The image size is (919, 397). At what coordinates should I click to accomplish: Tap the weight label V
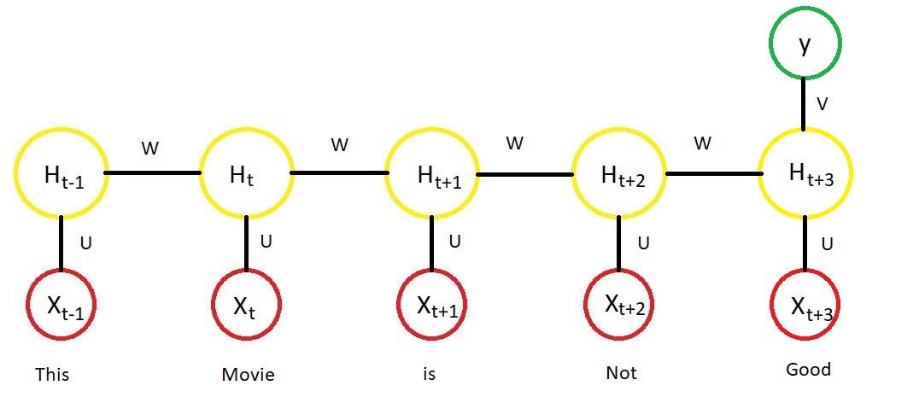pyautogui.click(x=822, y=103)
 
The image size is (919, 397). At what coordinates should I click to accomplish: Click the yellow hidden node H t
pyautogui.click(x=246, y=174)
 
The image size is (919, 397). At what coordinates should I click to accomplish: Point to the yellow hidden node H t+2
pyautogui.click(x=618, y=174)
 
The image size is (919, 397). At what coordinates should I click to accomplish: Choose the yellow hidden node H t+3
pyautogui.click(x=804, y=174)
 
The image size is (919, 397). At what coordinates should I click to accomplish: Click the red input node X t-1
pyautogui.click(x=61, y=305)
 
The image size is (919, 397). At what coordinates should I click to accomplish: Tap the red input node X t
pyautogui.click(x=246, y=305)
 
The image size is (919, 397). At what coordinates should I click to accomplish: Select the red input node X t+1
pyautogui.click(x=431, y=305)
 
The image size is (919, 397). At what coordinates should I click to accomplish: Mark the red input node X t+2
pyautogui.click(x=618, y=305)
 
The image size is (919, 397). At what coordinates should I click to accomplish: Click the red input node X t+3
pyautogui.click(x=805, y=305)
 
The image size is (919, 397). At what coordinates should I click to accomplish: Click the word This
pyautogui.click(x=52, y=374)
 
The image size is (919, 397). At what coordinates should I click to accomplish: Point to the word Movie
pyautogui.click(x=248, y=374)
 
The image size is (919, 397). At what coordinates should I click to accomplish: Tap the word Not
pyautogui.click(x=620, y=373)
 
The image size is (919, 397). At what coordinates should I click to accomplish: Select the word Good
pyautogui.click(x=808, y=370)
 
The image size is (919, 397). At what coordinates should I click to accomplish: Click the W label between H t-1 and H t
pyautogui.click(x=149, y=149)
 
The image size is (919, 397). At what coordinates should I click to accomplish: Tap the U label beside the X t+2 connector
pyautogui.click(x=642, y=243)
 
